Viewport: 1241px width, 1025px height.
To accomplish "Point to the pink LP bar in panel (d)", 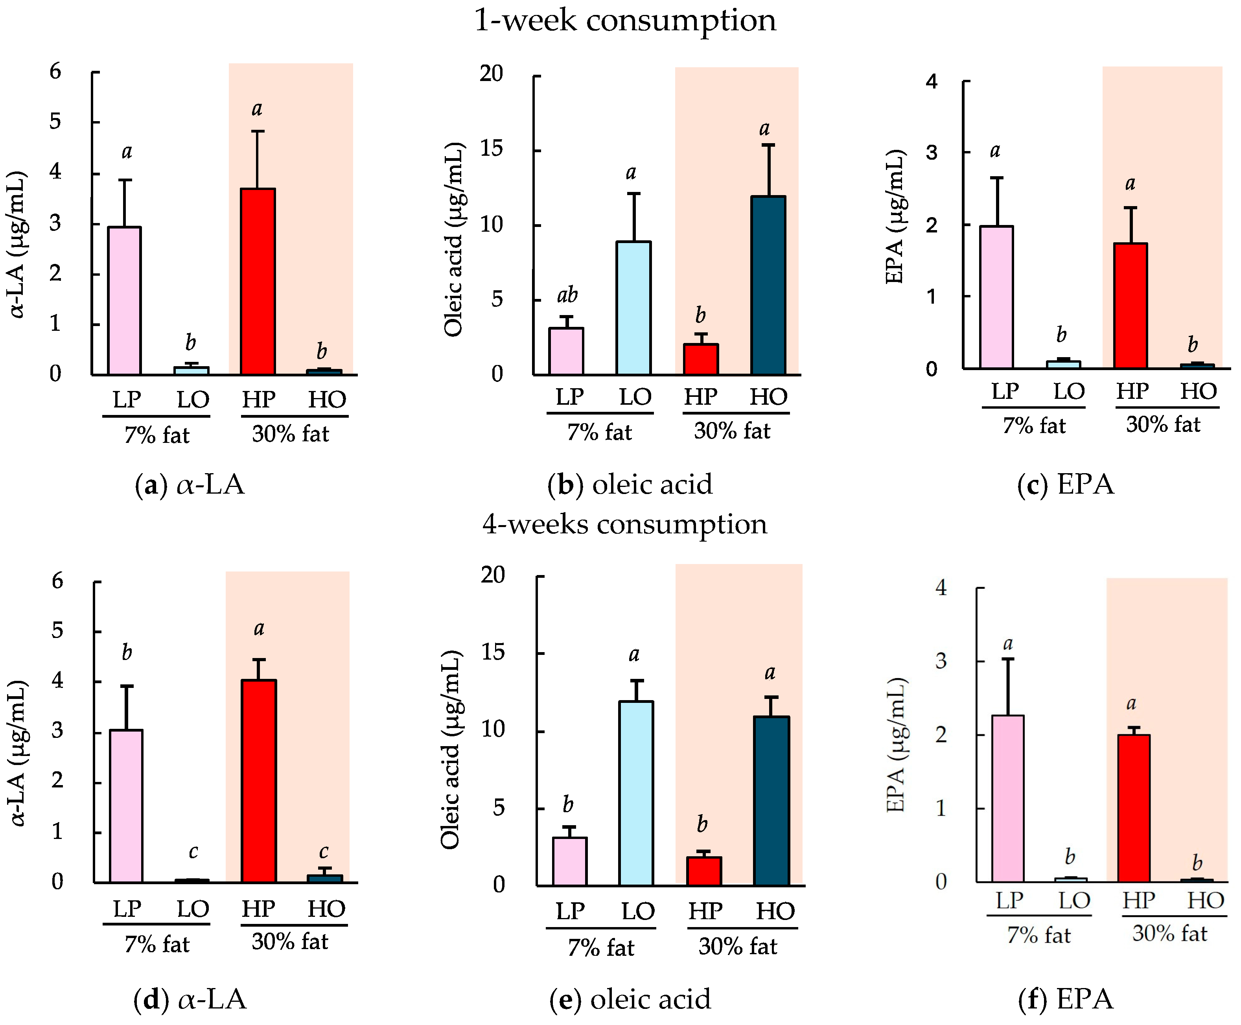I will (126, 806).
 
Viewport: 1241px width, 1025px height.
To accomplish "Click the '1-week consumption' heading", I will (625, 21).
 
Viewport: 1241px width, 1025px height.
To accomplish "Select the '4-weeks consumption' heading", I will (625, 524).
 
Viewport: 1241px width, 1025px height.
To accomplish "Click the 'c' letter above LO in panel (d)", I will (193, 852).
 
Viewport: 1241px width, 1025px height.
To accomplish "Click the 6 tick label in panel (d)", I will (57, 581).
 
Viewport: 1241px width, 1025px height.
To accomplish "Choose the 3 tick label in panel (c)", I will (931, 152).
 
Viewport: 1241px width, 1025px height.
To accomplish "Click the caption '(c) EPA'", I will (1065, 484).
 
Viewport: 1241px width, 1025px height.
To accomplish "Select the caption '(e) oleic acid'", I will (630, 999).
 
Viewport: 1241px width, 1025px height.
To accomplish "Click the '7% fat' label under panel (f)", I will (1038, 935).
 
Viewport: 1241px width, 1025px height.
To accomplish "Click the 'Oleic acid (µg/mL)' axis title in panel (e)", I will (451, 750).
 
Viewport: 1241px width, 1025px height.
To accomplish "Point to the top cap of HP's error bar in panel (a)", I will (258, 131).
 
